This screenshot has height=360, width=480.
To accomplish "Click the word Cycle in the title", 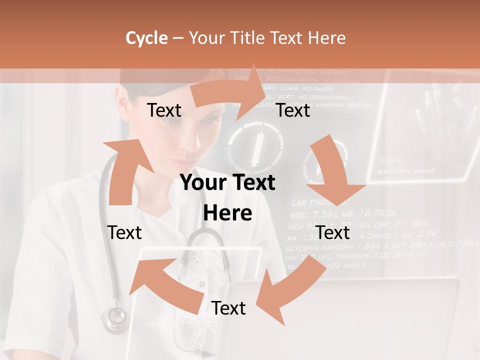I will pos(146,38).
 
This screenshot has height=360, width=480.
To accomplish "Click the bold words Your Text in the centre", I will pos(227,183).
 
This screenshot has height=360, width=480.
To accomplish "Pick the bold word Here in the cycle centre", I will pos(227,213).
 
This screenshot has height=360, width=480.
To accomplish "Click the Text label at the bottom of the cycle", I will pos(228,308).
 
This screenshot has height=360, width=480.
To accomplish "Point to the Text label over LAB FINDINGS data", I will pos(333,232).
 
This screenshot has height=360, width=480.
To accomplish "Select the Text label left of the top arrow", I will pos(164,110).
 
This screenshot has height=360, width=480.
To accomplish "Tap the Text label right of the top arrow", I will pos(293,110).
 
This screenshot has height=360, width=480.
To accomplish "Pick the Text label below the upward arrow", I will pos(124,232).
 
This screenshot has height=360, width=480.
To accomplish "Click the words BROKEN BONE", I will pos(406,171).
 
